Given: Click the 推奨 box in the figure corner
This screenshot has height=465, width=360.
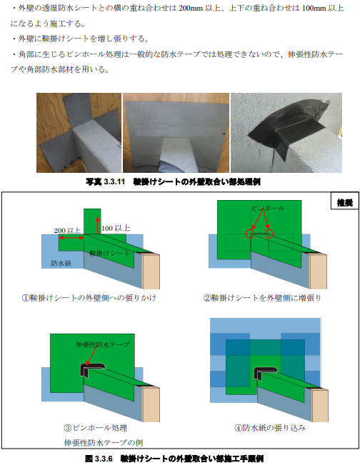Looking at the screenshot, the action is point(344,203).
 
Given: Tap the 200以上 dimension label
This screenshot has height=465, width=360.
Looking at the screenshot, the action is point(67,230).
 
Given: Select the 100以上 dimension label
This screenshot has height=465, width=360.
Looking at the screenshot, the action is point(116,228).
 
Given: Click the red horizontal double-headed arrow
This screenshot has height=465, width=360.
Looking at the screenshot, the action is point(71,238).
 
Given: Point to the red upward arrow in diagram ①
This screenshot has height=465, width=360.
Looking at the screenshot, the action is point(98,226).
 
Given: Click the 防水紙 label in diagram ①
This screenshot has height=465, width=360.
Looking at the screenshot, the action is point(61,263).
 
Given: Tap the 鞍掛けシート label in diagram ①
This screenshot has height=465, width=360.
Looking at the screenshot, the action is point(109,253).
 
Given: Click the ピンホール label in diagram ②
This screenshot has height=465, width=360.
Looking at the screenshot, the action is point(268,208).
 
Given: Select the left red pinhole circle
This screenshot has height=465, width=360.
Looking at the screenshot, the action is point(250,234).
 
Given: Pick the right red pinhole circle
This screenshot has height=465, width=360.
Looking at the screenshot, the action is point(269,234).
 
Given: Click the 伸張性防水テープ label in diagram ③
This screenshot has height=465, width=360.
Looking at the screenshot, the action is point(103,344).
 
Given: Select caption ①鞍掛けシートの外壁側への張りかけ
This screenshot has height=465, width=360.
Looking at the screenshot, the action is point(89,297).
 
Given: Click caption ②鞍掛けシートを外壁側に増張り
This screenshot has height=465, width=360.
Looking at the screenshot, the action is point(262,297).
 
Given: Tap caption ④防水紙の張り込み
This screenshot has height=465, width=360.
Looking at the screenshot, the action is point(270,428).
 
